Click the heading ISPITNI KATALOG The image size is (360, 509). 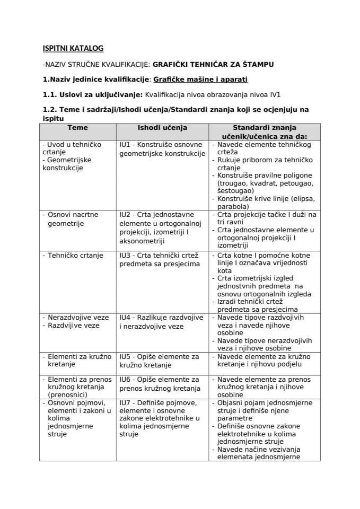(73, 49)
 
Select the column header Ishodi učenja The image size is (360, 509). (162, 128)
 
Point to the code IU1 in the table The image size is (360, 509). (125, 144)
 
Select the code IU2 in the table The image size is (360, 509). (126, 215)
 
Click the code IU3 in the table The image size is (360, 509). (126, 256)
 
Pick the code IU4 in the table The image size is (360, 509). (126, 317)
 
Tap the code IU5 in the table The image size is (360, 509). (126, 357)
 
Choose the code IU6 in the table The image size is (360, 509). (126, 380)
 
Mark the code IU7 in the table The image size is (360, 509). (126, 402)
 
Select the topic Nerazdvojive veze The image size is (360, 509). (78, 317)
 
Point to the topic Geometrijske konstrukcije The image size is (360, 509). (67, 164)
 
